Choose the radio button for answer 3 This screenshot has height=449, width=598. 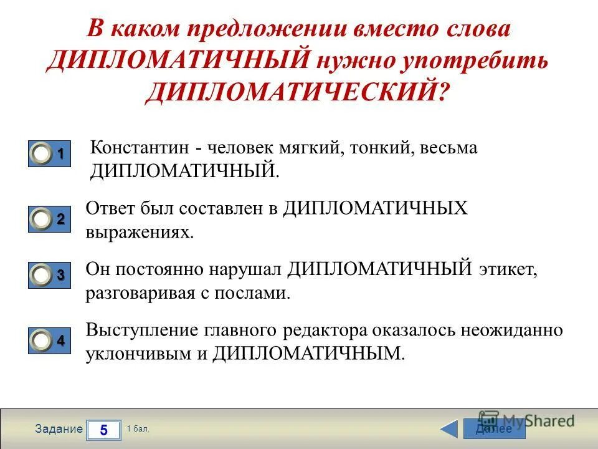pos(42,276)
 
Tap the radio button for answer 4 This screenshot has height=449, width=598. pos(42,342)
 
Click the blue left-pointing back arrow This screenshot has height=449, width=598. pos(449,429)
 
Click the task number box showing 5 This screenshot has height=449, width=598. pos(103,430)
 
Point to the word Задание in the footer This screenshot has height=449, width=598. pos(59,429)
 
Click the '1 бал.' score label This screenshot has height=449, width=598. pos(138,429)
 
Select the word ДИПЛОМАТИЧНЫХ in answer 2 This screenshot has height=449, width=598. pos(375,208)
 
